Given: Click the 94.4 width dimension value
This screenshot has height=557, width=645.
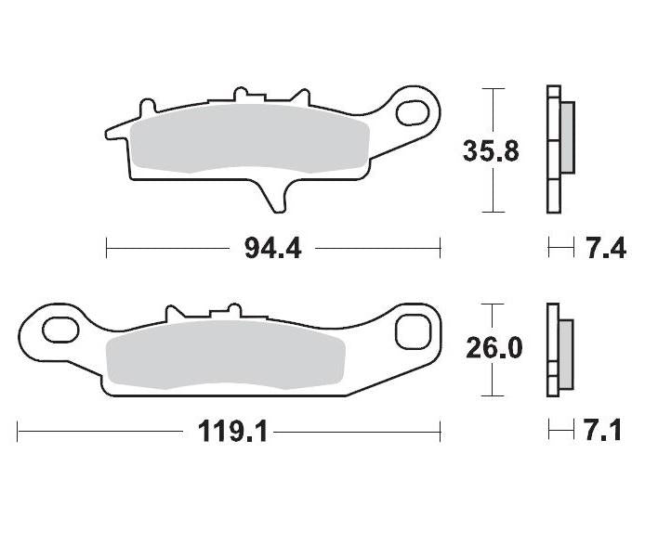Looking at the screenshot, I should [x=272, y=249].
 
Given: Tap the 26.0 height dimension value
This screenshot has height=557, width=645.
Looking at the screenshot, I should [x=493, y=349].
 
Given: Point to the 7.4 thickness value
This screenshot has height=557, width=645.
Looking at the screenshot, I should [x=606, y=249].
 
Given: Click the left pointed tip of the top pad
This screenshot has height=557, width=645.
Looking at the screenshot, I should [x=110, y=130].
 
